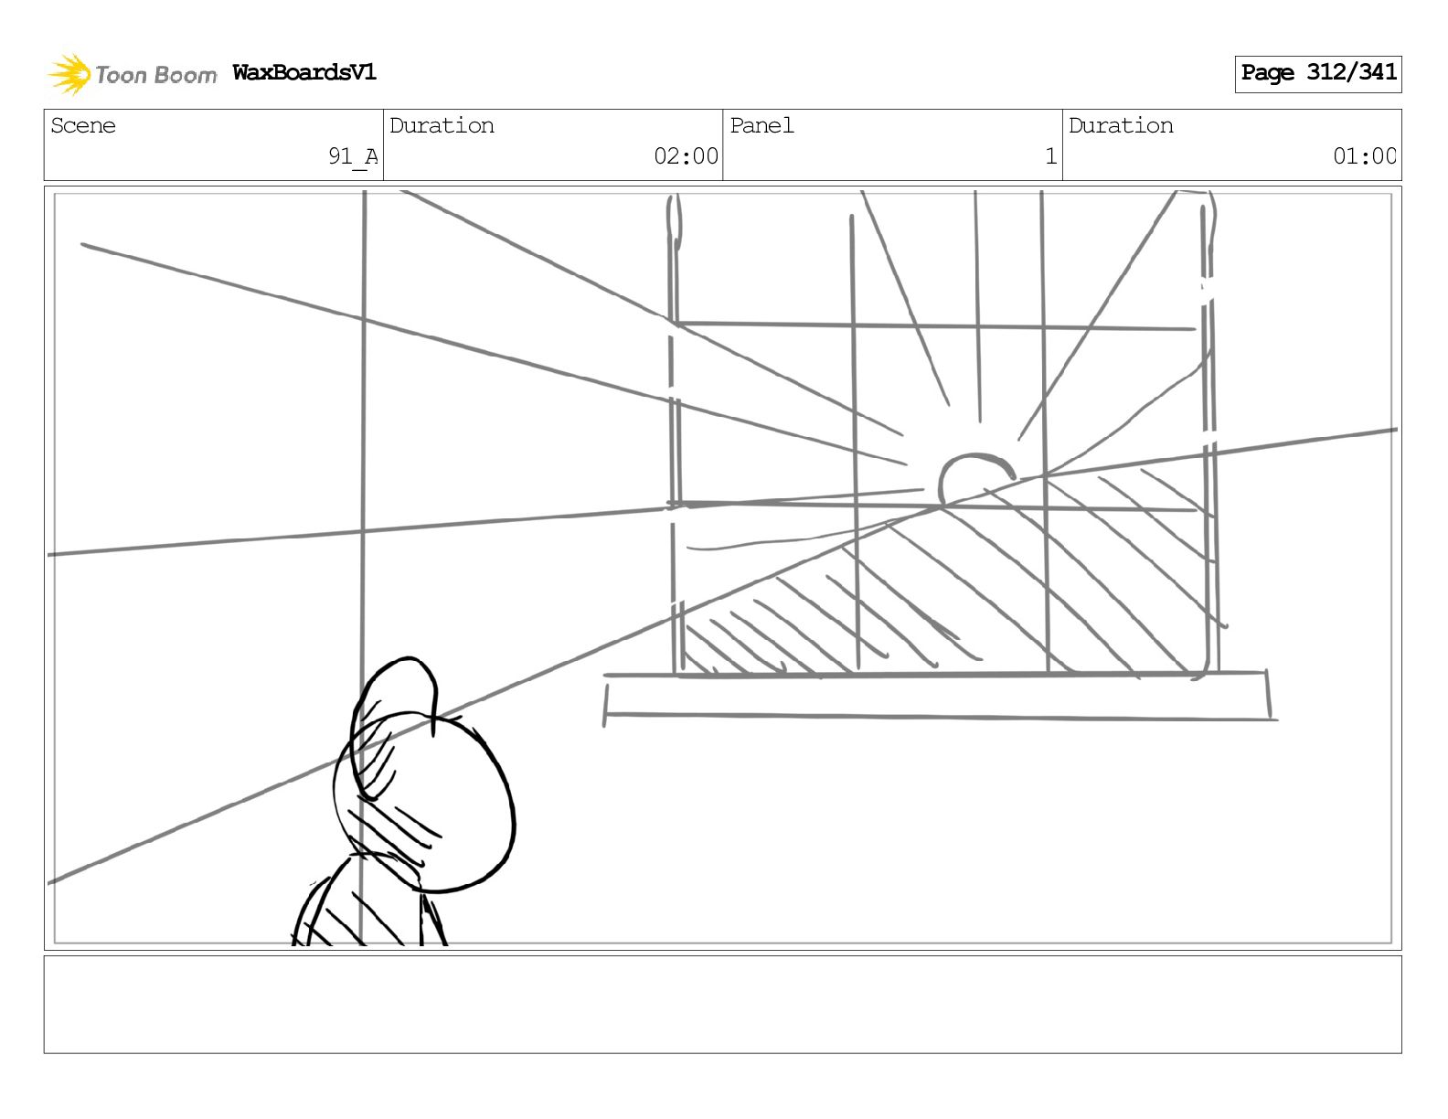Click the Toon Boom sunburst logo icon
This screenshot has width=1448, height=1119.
pos(69,74)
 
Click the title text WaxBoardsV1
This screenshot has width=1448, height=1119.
pos(304,72)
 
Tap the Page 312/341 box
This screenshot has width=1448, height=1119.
pos(1317,73)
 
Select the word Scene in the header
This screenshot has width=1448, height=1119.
pos(83,125)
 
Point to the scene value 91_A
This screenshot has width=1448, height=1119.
pos(353,156)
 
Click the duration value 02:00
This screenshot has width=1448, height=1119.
pos(686,156)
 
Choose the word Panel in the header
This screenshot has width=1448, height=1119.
pos(761,125)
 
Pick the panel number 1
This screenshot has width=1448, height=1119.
pos(1050,156)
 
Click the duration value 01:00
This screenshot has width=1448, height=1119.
pos(1364,156)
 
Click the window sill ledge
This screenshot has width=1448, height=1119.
pos(937,697)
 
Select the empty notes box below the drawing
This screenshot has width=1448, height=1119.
pos(722,1004)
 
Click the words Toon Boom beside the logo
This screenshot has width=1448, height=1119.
pos(155,75)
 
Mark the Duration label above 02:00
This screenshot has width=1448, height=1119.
pos(442,125)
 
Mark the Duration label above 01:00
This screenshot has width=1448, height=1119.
pos(1121,125)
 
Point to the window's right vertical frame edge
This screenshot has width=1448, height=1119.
pos(1208,439)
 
